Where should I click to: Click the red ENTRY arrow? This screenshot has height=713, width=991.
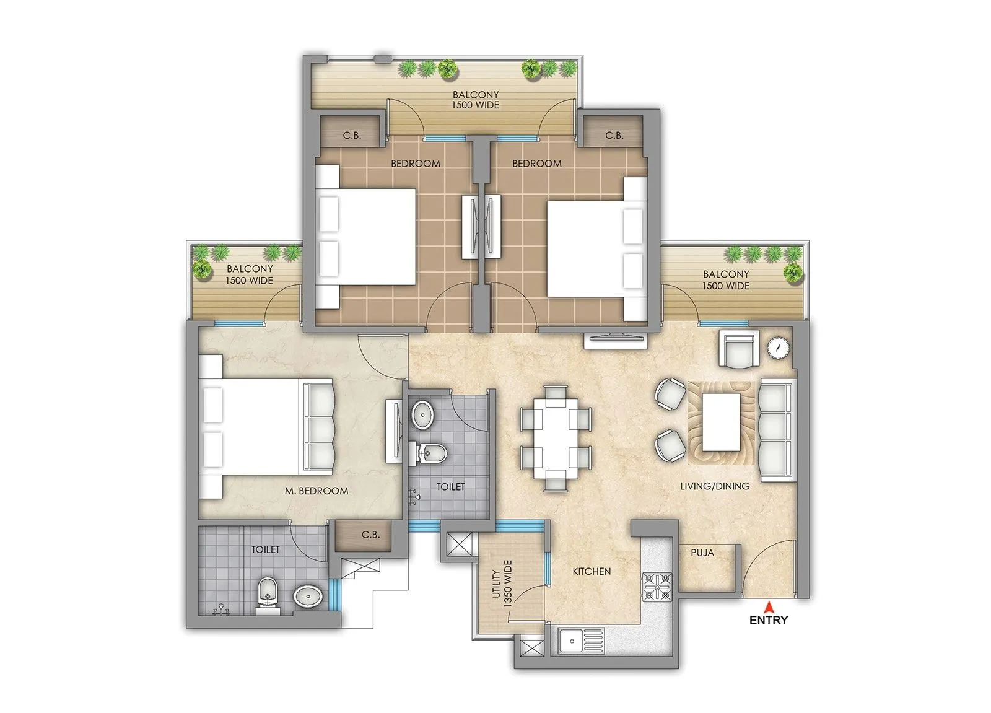pyautogui.click(x=768, y=606)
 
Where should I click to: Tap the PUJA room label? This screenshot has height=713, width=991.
pyautogui.click(x=702, y=553)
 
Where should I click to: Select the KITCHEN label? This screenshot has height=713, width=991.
pyautogui.click(x=592, y=571)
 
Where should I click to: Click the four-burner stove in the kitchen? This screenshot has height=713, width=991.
pyautogui.click(x=657, y=587)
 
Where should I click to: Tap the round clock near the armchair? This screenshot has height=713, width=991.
pyautogui.click(x=777, y=348)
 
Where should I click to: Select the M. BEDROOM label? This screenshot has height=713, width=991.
pyautogui.click(x=317, y=491)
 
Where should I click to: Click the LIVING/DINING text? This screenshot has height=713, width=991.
pyautogui.click(x=715, y=486)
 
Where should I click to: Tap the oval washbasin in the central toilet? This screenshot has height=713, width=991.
pyautogui.click(x=423, y=414)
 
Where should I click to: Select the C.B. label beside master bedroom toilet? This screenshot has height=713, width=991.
pyautogui.click(x=370, y=535)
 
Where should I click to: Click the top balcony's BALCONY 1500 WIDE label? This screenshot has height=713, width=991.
pyautogui.click(x=476, y=100)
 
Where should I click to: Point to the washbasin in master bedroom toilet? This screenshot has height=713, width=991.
pyautogui.click(x=308, y=597)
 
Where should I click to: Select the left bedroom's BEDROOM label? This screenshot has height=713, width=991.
pyautogui.click(x=415, y=164)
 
